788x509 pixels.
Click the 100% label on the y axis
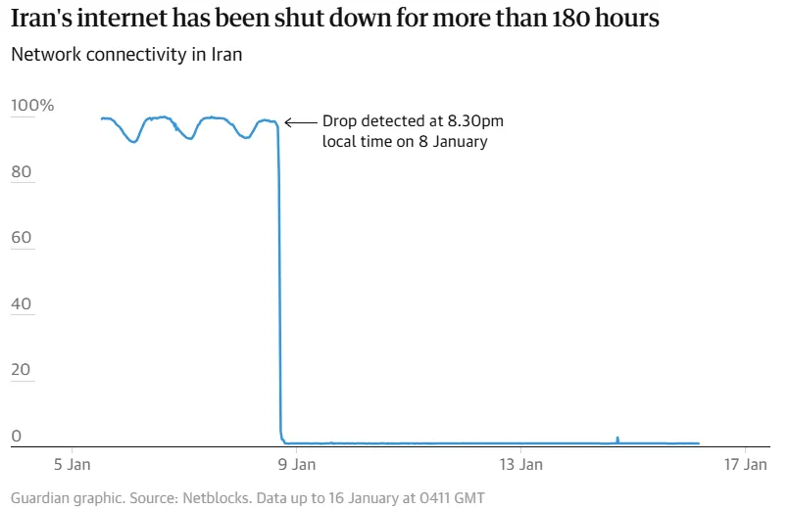(33, 106)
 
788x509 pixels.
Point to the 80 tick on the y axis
(23, 172)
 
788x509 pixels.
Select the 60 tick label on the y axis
(23, 238)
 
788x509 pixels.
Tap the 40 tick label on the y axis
(23, 304)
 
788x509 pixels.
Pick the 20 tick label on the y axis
(23, 371)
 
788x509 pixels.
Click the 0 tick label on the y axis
(16, 437)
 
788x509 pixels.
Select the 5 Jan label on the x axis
(72, 463)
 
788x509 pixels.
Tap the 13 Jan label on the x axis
(520, 463)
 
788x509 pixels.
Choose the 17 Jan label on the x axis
(746, 463)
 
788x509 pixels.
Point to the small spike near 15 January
(617, 439)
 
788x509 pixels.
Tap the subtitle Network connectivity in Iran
(126, 55)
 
